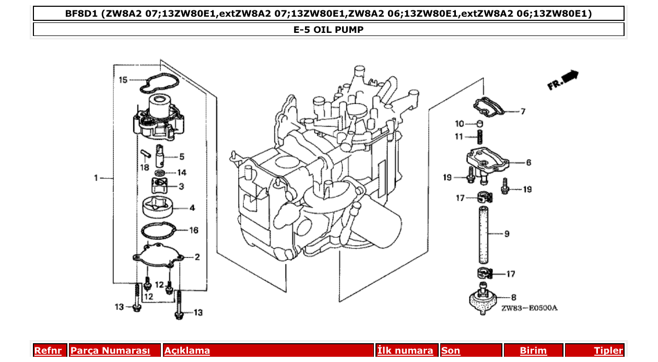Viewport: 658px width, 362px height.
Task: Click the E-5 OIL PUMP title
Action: click(328, 30)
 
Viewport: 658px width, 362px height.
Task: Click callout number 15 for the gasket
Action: click(123, 80)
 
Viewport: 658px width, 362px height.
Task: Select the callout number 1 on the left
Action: click(96, 178)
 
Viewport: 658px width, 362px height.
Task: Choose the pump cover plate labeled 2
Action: click(157, 257)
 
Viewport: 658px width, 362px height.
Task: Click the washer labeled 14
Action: click(161, 172)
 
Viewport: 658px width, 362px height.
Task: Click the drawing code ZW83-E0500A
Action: click(529, 308)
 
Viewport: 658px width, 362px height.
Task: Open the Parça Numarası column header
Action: click(110, 351)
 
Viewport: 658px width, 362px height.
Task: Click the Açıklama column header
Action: click(187, 351)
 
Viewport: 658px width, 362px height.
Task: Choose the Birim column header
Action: click(533, 351)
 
